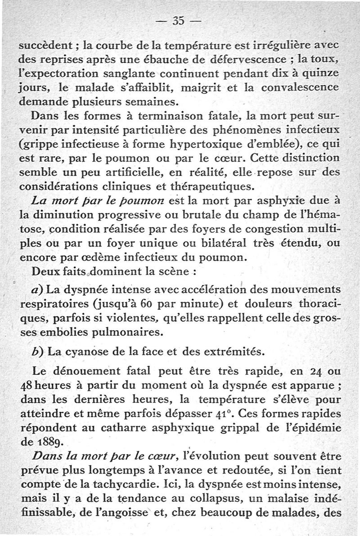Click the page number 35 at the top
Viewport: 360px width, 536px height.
[x=179, y=22]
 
